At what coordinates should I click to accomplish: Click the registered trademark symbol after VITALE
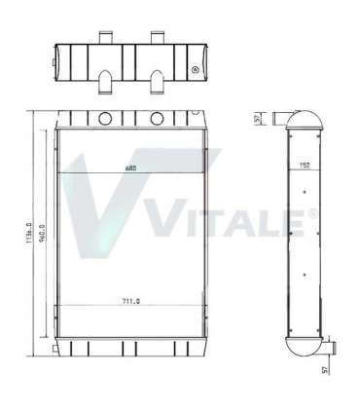tap(312, 211)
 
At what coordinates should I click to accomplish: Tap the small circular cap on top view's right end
tap(198, 70)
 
